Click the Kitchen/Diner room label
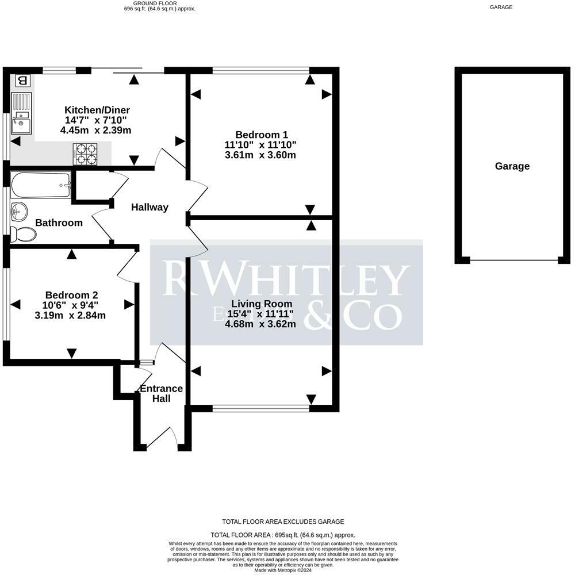tap(97, 110)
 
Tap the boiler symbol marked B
tap(22, 80)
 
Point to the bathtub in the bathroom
tap(41, 185)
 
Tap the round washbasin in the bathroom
tap(18, 212)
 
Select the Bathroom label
tap(59, 223)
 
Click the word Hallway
tap(149, 208)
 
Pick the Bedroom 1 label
tap(262, 135)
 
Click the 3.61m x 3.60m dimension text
tap(262, 155)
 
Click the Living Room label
tap(262, 304)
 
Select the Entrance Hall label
tap(162, 393)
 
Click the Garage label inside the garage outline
tap(512, 167)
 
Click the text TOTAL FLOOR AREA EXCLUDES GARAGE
tap(283, 522)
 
